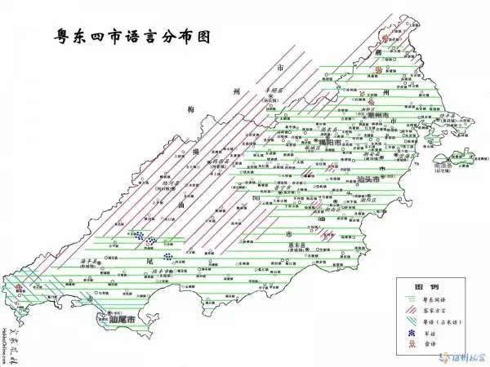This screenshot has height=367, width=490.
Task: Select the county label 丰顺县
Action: point(273,90)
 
